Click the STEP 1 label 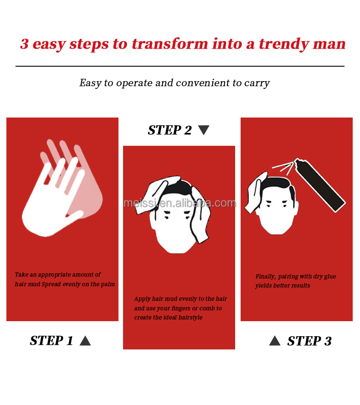[x=51, y=340]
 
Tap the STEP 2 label [x=170, y=130]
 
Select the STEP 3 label [x=309, y=341]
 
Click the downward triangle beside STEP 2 [x=204, y=130]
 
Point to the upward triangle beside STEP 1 [x=85, y=341]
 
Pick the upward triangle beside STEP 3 [x=274, y=340]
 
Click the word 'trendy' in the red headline [x=284, y=44]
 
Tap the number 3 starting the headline [x=24, y=44]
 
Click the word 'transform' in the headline [x=170, y=43]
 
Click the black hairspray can [x=320, y=185]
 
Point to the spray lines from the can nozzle [x=283, y=168]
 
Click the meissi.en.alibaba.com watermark [x=180, y=203]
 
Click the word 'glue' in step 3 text [x=330, y=277]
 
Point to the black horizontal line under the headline [x=180, y=67]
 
